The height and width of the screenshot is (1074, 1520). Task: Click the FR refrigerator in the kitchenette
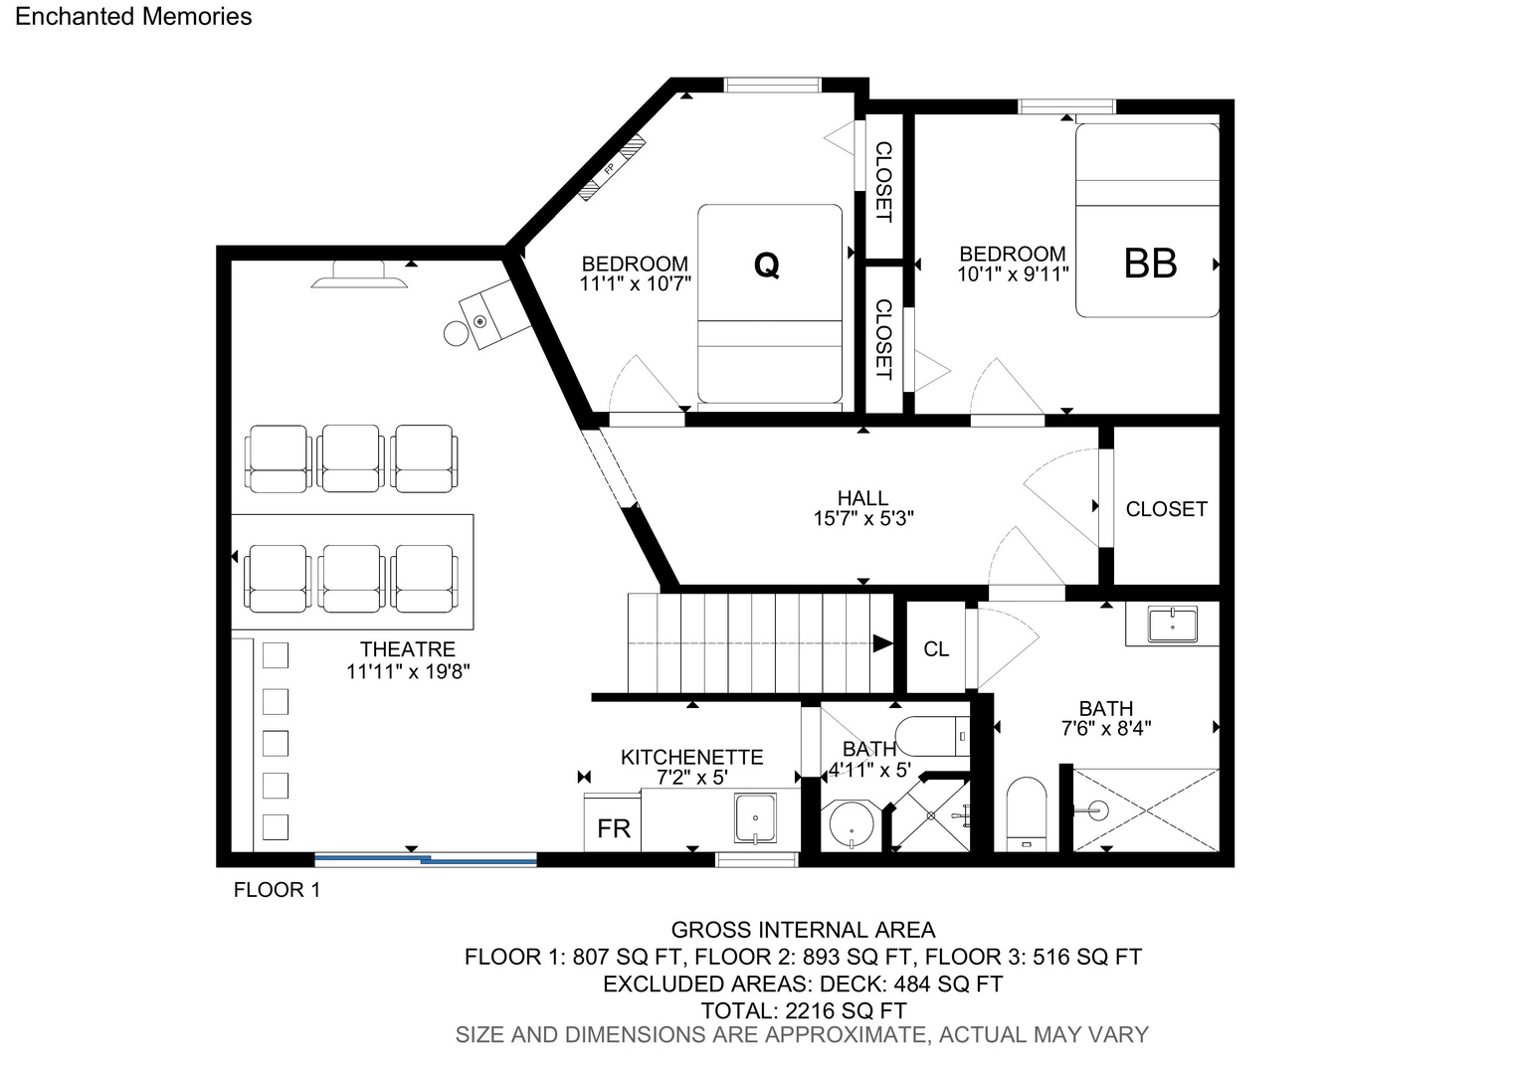click(x=612, y=821)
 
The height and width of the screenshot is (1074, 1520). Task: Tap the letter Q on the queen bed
click(x=766, y=265)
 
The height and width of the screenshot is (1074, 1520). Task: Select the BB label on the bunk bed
click(x=1150, y=264)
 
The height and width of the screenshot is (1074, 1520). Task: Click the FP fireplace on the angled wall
click(x=612, y=168)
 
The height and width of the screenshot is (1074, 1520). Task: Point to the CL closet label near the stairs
click(x=936, y=649)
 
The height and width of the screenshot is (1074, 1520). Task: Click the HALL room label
click(x=862, y=498)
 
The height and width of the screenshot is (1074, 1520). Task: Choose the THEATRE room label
click(x=407, y=649)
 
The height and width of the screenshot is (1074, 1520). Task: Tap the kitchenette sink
click(x=755, y=818)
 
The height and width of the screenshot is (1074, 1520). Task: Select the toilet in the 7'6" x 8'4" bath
click(x=1026, y=813)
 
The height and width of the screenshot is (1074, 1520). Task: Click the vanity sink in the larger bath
click(x=1173, y=624)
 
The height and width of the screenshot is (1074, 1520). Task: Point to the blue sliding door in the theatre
click(x=426, y=860)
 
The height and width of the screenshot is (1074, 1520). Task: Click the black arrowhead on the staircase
click(x=882, y=643)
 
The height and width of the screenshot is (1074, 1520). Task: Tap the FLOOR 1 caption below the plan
click(x=277, y=889)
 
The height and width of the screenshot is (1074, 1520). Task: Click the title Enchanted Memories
click(x=133, y=16)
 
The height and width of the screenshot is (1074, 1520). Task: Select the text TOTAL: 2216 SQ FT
click(x=804, y=1011)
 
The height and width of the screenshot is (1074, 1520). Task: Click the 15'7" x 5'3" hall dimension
click(x=863, y=518)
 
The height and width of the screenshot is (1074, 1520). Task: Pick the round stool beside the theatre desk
click(x=456, y=333)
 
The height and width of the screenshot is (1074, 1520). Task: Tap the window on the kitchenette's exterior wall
click(x=757, y=860)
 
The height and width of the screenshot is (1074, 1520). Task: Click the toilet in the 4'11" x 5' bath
click(x=932, y=736)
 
